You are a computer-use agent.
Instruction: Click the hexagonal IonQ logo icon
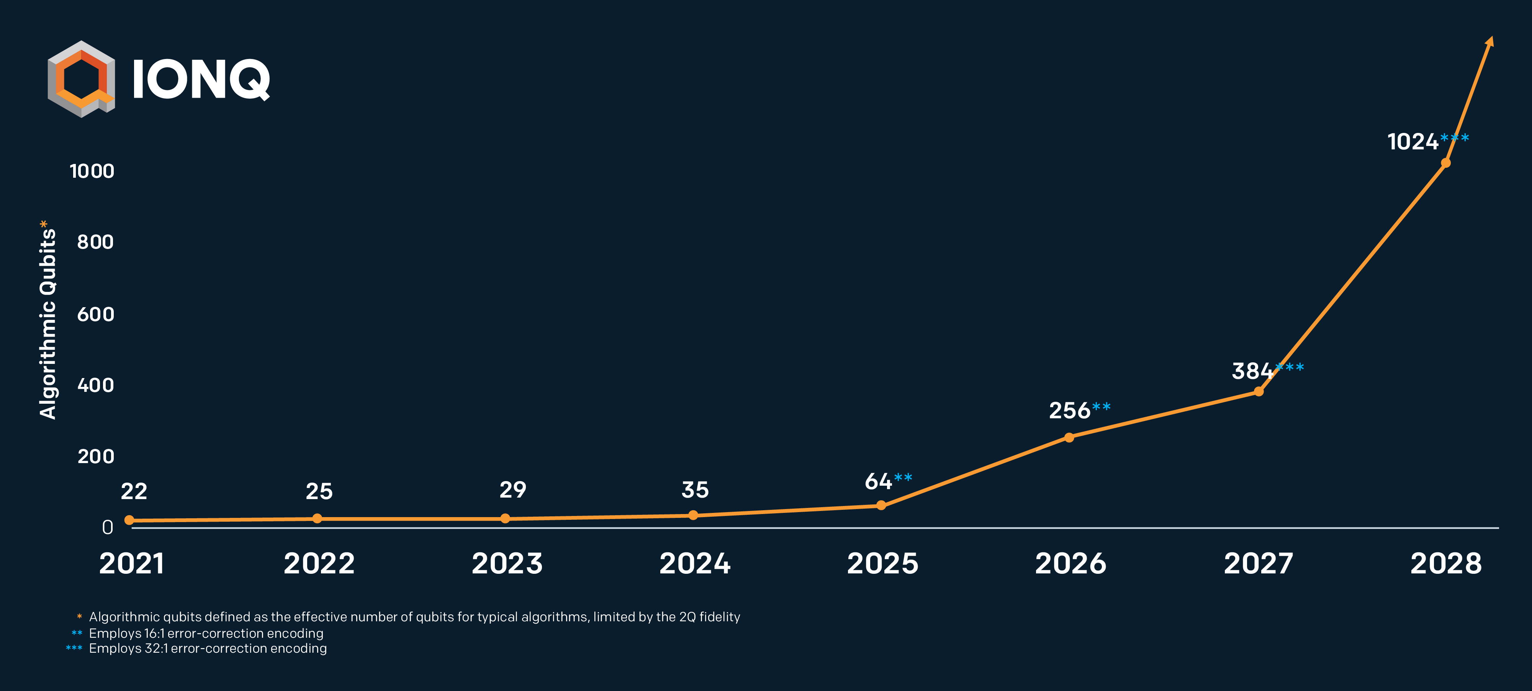click(82, 79)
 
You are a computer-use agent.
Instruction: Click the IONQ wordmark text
click(201, 80)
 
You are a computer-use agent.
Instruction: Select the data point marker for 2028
click(1445, 163)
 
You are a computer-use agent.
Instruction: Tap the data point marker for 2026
click(1069, 438)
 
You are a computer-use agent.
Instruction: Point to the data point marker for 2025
click(881, 506)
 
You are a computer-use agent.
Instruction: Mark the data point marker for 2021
click(129, 520)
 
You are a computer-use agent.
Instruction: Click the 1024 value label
click(1413, 141)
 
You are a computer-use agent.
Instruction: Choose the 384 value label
click(1252, 371)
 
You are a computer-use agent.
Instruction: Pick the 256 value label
click(1069, 410)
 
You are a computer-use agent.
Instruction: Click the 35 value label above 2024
click(695, 490)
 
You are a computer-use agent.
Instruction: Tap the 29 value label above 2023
click(513, 490)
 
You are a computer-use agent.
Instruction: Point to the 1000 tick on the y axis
click(92, 171)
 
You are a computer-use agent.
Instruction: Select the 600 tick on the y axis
click(95, 314)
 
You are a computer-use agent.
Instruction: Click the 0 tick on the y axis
click(108, 527)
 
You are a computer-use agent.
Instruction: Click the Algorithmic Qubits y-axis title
click(47, 319)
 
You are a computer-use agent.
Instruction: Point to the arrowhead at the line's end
click(1490, 41)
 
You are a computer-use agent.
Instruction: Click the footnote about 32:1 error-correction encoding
click(196, 648)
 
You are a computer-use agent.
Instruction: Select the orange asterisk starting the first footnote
click(79, 616)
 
